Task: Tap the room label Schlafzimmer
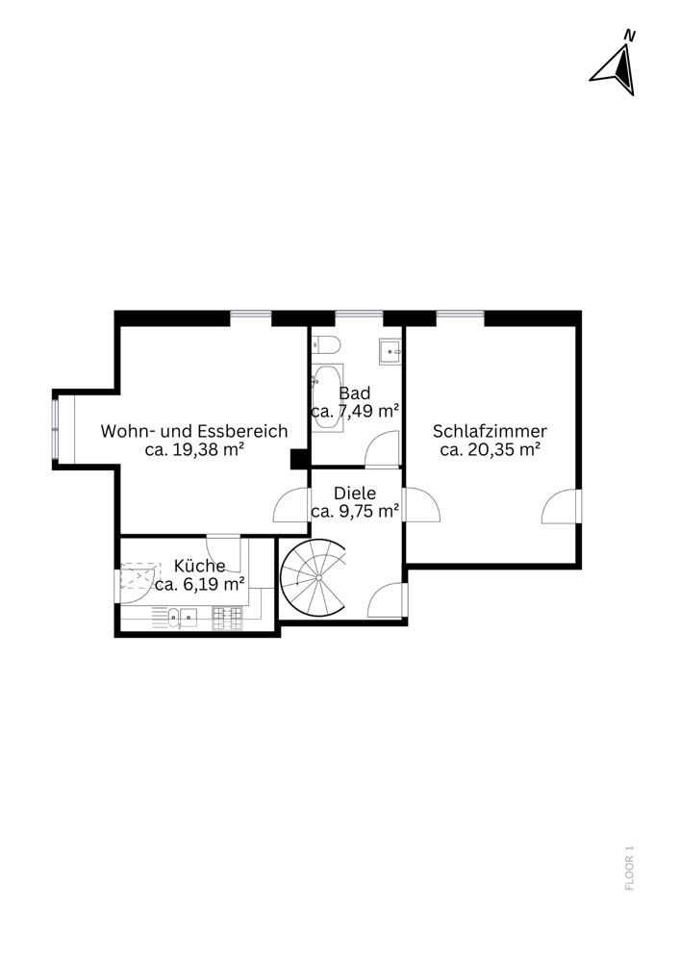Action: point(490,431)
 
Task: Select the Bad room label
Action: point(354,392)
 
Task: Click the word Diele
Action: point(354,493)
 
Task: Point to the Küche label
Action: point(199,565)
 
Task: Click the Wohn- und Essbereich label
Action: point(193,431)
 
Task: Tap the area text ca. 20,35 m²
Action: point(490,449)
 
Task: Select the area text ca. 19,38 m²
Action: point(193,449)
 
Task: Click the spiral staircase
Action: point(314,577)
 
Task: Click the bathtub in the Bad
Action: point(327,398)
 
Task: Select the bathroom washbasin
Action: point(390,351)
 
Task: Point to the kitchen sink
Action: point(182,618)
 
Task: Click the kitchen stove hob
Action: point(228,618)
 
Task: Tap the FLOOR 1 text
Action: point(629,868)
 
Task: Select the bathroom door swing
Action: point(382,449)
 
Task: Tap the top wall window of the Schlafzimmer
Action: point(460,315)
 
